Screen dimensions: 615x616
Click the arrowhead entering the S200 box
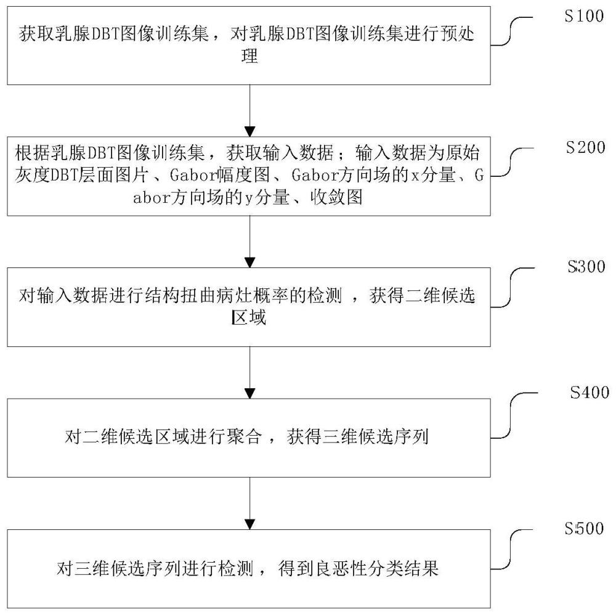(249, 131)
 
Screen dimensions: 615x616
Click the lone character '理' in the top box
(249, 57)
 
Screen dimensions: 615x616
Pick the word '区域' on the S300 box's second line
(249, 319)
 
